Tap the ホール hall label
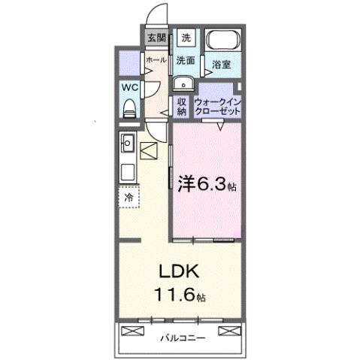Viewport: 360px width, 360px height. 156,59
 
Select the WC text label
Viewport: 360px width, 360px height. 129,87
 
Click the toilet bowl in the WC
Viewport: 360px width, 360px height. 129,108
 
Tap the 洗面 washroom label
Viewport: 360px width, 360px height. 186,59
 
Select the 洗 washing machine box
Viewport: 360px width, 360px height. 186,38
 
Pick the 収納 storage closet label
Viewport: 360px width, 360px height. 181,106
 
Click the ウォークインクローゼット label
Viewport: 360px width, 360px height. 217,106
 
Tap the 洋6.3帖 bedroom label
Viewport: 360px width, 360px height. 207,183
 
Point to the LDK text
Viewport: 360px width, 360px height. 173,271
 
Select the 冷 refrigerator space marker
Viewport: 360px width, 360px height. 129,197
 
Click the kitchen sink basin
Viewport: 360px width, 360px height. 127,141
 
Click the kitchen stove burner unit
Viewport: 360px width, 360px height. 127,169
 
